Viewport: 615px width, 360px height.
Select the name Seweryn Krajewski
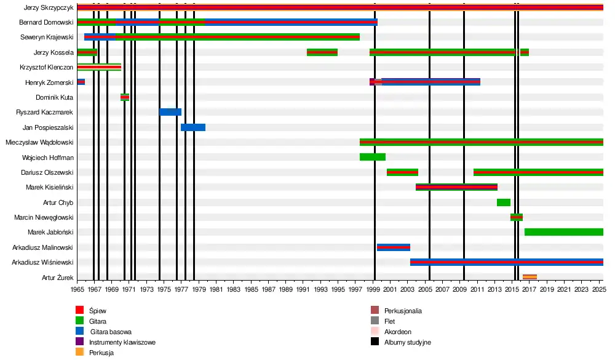point(47,37)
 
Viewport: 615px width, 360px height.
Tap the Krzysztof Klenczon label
point(47,67)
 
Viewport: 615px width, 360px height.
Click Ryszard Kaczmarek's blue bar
point(170,112)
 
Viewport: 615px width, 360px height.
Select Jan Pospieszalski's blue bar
point(193,127)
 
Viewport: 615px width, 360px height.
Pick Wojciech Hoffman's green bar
point(373,157)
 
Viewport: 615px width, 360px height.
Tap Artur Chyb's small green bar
point(504,202)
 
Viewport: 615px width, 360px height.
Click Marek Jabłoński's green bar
point(563,232)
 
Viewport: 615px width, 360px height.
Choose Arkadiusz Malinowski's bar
point(394,247)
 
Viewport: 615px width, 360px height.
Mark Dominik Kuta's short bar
point(125,97)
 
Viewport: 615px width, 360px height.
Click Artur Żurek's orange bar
point(530,277)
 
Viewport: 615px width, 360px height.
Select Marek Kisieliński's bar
point(456,187)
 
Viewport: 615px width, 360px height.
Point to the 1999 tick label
point(375,289)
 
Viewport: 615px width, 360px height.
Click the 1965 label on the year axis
point(77,289)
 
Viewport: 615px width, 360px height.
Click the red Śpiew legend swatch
point(80,311)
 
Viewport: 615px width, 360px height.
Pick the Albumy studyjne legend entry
point(407,342)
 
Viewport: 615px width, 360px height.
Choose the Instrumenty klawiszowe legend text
point(122,342)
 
